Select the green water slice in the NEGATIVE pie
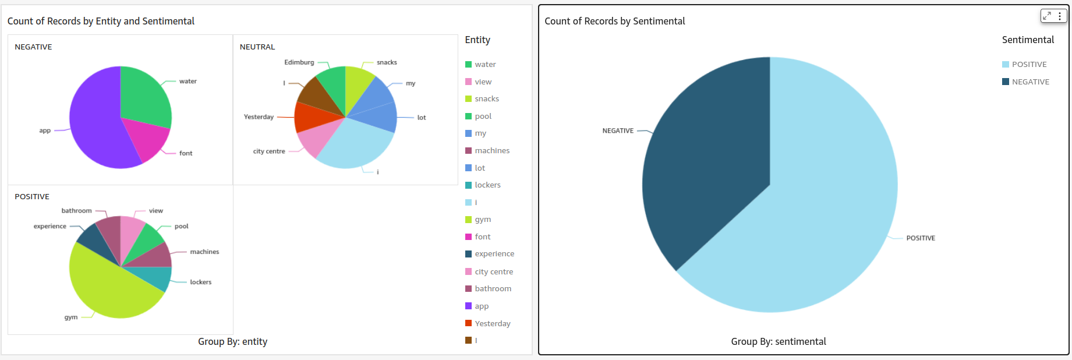(x=144, y=96)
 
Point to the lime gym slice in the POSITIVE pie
(x=111, y=288)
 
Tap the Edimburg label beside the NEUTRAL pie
(x=299, y=62)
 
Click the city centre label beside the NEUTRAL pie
(x=269, y=151)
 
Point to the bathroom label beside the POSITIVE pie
(x=76, y=211)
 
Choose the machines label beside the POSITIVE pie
(x=204, y=252)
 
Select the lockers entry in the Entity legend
(x=487, y=185)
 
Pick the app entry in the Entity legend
(x=482, y=306)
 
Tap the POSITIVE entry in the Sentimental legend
(x=1029, y=65)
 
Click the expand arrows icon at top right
(x=1047, y=16)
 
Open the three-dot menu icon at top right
(x=1060, y=16)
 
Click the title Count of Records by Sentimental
(x=614, y=22)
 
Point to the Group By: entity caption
(x=232, y=342)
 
